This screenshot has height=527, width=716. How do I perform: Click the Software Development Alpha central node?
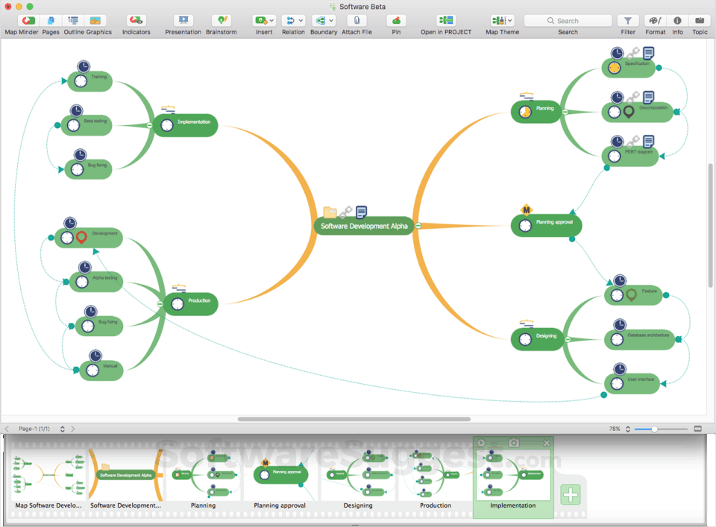pyautogui.click(x=364, y=226)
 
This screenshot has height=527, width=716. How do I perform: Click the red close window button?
pyautogui.click(x=8, y=6)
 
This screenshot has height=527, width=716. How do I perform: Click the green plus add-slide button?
pyautogui.click(x=571, y=494)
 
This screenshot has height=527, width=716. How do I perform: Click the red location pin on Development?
pyautogui.click(x=81, y=239)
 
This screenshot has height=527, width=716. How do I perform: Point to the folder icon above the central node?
pyautogui.click(x=330, y=212)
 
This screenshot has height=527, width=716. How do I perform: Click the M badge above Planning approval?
pyautogui.click(x=526, y=209)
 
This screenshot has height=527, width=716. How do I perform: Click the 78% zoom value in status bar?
pyautogui.click(x=615, y=429)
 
